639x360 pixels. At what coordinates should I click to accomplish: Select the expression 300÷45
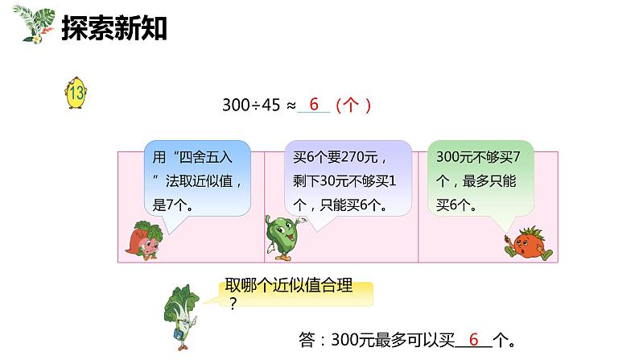click(x=249, y=106)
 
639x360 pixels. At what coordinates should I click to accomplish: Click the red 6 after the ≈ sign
click(x=314, y=105)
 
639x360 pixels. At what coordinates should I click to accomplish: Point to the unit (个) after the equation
click(x=352, y=106)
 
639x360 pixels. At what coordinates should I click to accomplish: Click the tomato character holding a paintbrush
click(x=530, y=242)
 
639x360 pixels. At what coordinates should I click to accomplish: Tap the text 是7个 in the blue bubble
click(x=171, y=205)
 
